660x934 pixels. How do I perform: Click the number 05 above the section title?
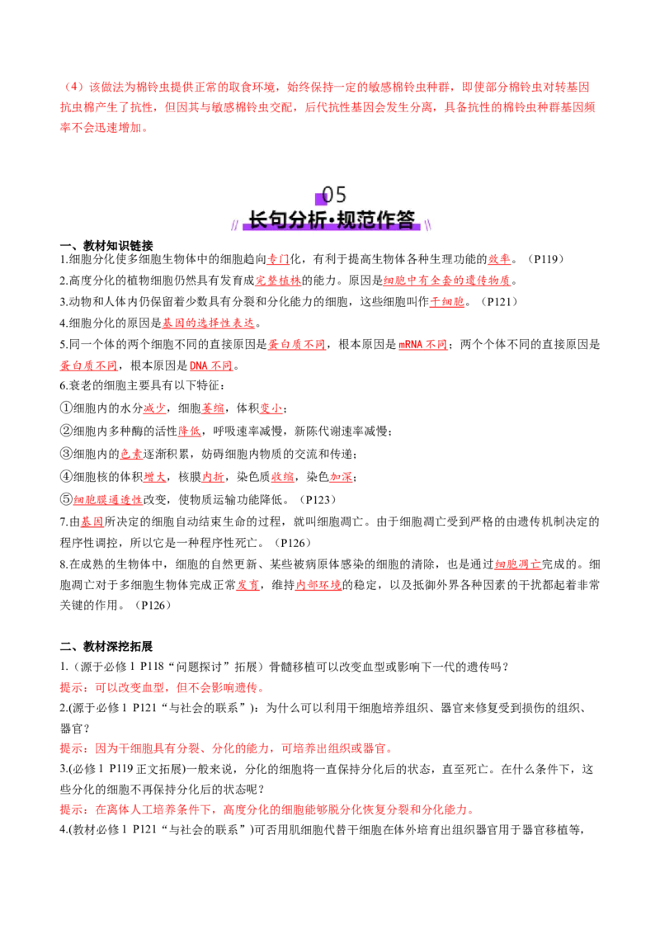(333, 195)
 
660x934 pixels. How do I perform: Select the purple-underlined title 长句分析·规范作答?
(332, 219)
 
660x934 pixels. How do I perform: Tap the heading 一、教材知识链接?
(106, 245)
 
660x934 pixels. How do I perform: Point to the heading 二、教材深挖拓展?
(106, 646)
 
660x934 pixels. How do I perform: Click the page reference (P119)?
(545, 259)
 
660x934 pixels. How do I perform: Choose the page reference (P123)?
(318, 499)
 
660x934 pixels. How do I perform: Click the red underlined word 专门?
(277, 259)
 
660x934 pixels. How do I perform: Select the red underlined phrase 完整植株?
(277, 280)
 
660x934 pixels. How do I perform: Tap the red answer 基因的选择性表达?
(209, 323)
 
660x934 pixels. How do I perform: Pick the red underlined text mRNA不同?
(423, 344)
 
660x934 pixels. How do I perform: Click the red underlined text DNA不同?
(211, 366)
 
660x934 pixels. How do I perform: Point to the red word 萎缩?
(213, 408)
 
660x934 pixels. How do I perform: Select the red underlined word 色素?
(131, 454)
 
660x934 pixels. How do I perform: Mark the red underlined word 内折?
(213, 477)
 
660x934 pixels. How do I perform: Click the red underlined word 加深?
(341, 477)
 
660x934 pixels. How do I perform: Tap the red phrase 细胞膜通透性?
(108, 499)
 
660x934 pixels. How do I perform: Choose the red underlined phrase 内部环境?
(318, 585)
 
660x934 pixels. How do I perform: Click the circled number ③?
(66, 454)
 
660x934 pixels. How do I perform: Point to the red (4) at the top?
(74, 87)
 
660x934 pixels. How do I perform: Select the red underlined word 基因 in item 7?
(92, 521)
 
